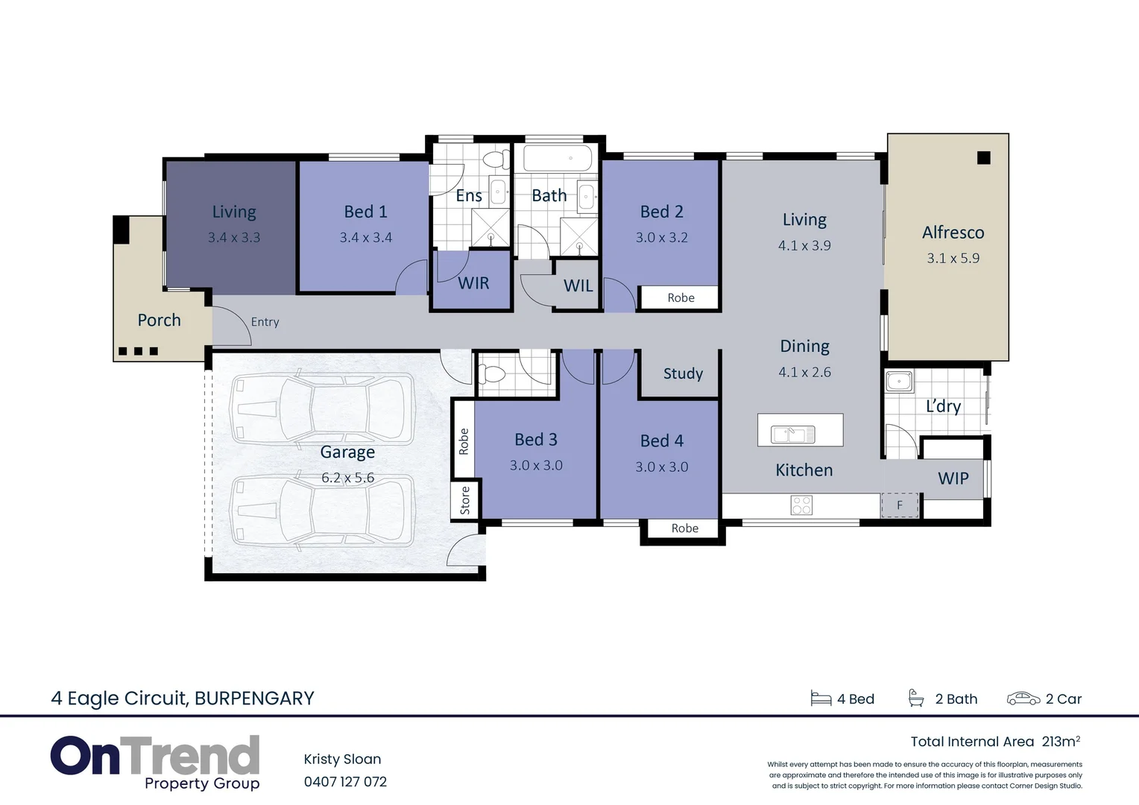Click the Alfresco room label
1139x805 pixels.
(x=953, y=233)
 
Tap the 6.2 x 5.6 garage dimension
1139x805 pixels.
(x=347, y=478)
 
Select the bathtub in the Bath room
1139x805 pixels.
(x=558, y=158)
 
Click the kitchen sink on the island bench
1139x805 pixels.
(x=792, y=433)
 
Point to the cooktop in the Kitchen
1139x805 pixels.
(x=801, y=505)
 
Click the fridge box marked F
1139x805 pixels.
(x=900, y=505)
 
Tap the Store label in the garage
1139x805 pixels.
(x=465, y=499)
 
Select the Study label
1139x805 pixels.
(x=683, y=373)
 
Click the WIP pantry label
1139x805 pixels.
(x=953, y=479)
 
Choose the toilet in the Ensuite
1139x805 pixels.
(x=493, y=159)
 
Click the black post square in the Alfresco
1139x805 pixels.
(x=983, y=158)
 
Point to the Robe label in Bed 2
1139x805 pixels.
(x=681, y=298)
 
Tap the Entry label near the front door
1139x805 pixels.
(x=265, y=322)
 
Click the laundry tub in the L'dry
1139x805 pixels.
(x=898, y=382)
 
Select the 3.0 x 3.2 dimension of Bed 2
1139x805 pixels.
(x=661, y=238)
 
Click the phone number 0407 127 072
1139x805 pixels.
(x=345, y=782)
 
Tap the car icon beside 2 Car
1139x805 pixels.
(x=1023, y=698)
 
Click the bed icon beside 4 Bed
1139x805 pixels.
(x=821, y=698)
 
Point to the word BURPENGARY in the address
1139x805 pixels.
(x=254, y=698)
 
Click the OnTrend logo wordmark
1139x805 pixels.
(x=155, y=756)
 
